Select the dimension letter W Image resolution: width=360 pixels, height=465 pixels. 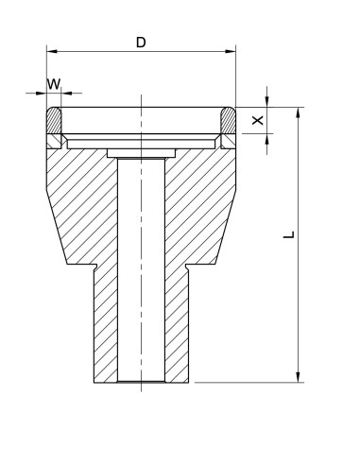(x=55, y=84)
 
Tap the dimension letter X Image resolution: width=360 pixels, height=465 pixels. (x=255, y=121)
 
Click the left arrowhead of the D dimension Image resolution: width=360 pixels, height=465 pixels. (x=52, y=52)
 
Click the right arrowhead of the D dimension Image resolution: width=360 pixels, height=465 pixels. (x=231, y=52)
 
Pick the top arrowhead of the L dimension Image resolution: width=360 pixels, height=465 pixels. (x=300, y=112)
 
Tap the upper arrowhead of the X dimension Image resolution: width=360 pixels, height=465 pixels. (x=268, y=103)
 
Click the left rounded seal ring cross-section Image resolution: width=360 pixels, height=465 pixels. (x=55, y=122)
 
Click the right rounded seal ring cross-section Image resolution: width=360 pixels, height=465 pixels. (x=228, y=122)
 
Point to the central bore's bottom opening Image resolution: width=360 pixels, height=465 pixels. (x=141, y=381)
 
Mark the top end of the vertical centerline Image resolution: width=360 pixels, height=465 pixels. (x=141, y=95)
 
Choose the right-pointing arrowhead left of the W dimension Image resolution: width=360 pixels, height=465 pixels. (x=43, y=94)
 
